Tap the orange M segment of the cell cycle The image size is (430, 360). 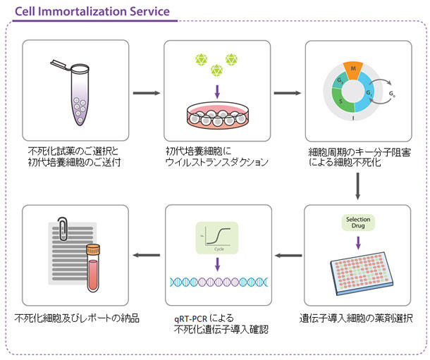[x=352, y=70]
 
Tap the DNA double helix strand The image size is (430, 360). [x=217, y=282]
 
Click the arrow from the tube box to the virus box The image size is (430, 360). [x=147, y=92]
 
